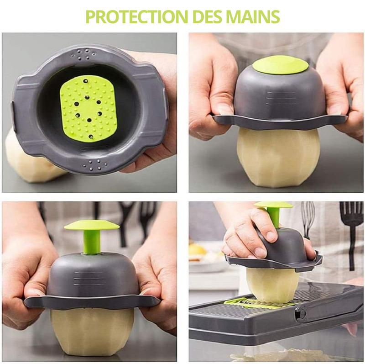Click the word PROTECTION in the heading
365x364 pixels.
click(x=136, y=16)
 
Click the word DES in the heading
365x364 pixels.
click(x=208, y=16)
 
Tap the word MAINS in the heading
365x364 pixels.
click(x=253, y=16)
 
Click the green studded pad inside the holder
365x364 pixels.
click(x=88, y=109)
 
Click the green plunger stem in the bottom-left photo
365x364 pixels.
click(x=92, y=242)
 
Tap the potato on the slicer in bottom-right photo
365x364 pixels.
click(x=272, y=285)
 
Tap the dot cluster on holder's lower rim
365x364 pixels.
click(x=96, y=164)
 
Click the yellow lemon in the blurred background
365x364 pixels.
click(x=198, y=249)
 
